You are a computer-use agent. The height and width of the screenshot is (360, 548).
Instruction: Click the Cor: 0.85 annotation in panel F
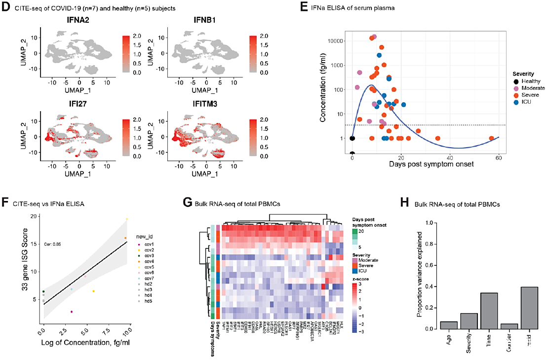coord(53,243)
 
